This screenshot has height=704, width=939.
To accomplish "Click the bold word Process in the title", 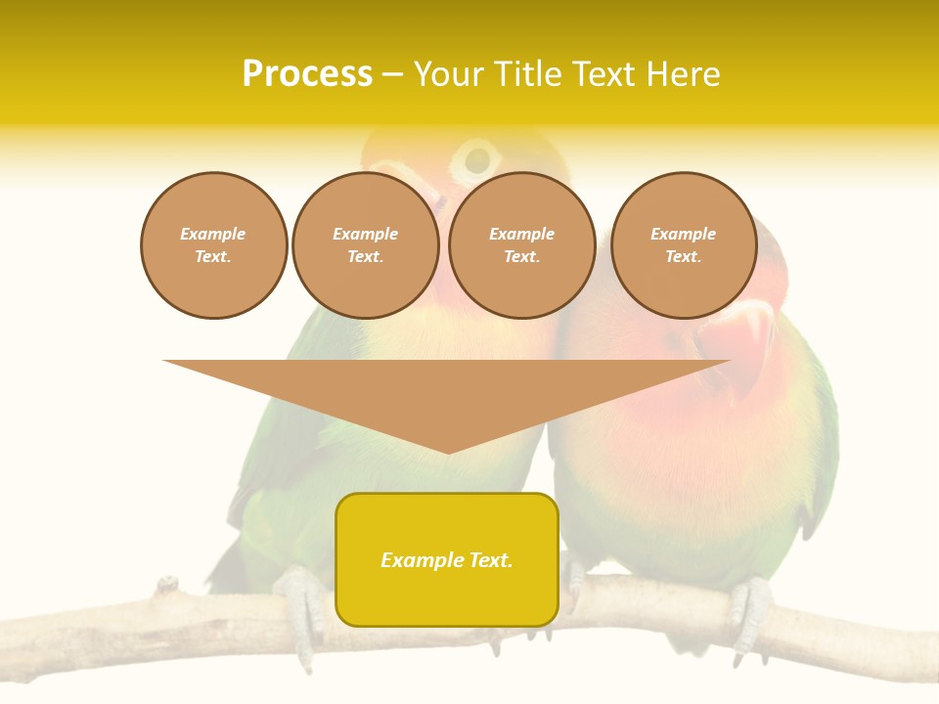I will [307, 74].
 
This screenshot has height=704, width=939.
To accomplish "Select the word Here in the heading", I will [683, 74].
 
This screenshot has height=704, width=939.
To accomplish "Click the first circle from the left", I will [213, 245].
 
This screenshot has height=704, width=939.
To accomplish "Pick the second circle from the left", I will [366, 245].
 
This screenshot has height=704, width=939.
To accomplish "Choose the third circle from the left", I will [522, 245].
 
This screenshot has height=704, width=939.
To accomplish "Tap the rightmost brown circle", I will [684, 245].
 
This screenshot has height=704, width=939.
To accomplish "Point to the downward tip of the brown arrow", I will [448, 450].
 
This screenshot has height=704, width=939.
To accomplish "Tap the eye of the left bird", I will [477, 158].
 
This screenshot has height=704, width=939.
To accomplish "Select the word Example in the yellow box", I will [423, 560].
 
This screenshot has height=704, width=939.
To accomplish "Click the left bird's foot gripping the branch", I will [301, 601].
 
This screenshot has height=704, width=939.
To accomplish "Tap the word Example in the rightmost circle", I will [684, 234].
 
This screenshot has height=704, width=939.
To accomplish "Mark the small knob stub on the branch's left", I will [167, 587].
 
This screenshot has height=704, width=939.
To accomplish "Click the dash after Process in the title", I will [392, 75].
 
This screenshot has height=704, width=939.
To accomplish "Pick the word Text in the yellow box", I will [490, 560].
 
